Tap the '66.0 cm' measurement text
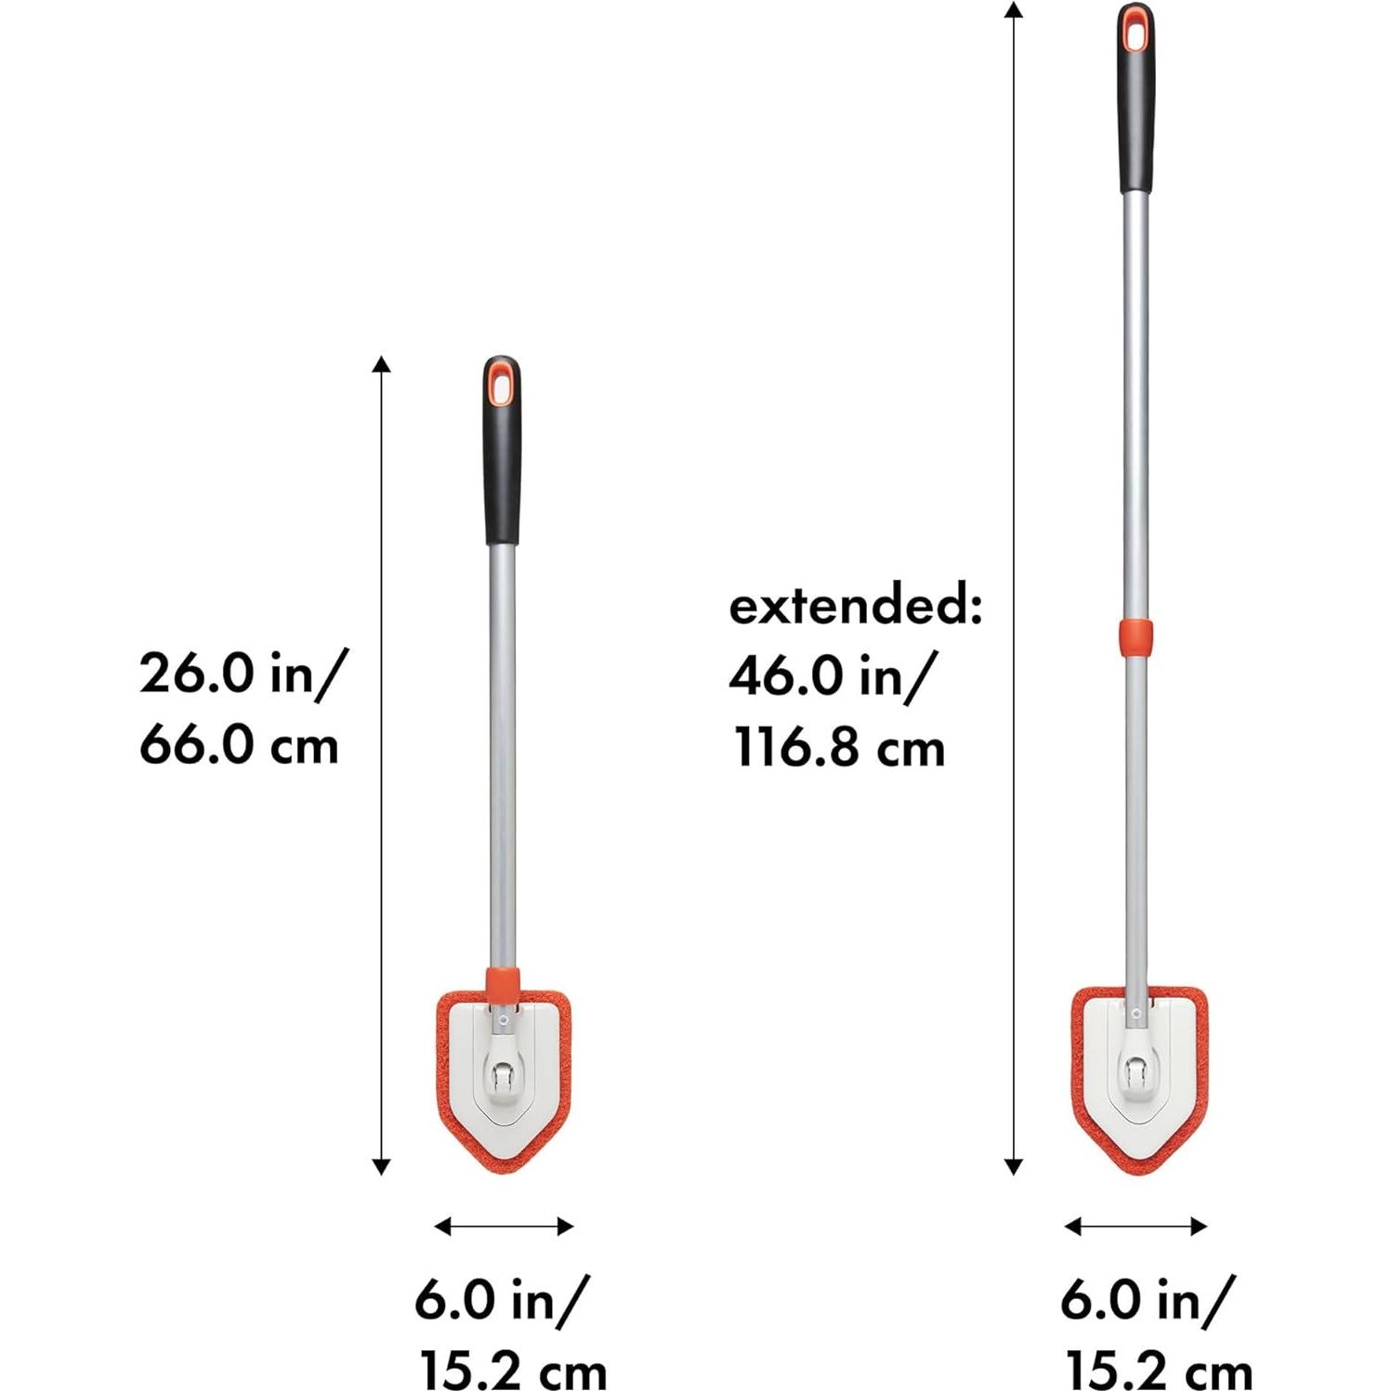[239, 746]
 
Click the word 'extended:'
[855, 607]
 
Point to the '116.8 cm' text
[839, 748]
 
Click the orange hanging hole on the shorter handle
[502, 384]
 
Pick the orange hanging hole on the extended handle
[1135, 31]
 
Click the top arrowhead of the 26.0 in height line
[381, 363]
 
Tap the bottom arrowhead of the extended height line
[1014, 1167]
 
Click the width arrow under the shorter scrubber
[504, 1227]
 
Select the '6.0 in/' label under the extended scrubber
[1148, 1298]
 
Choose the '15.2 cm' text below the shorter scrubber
[513, 1371]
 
